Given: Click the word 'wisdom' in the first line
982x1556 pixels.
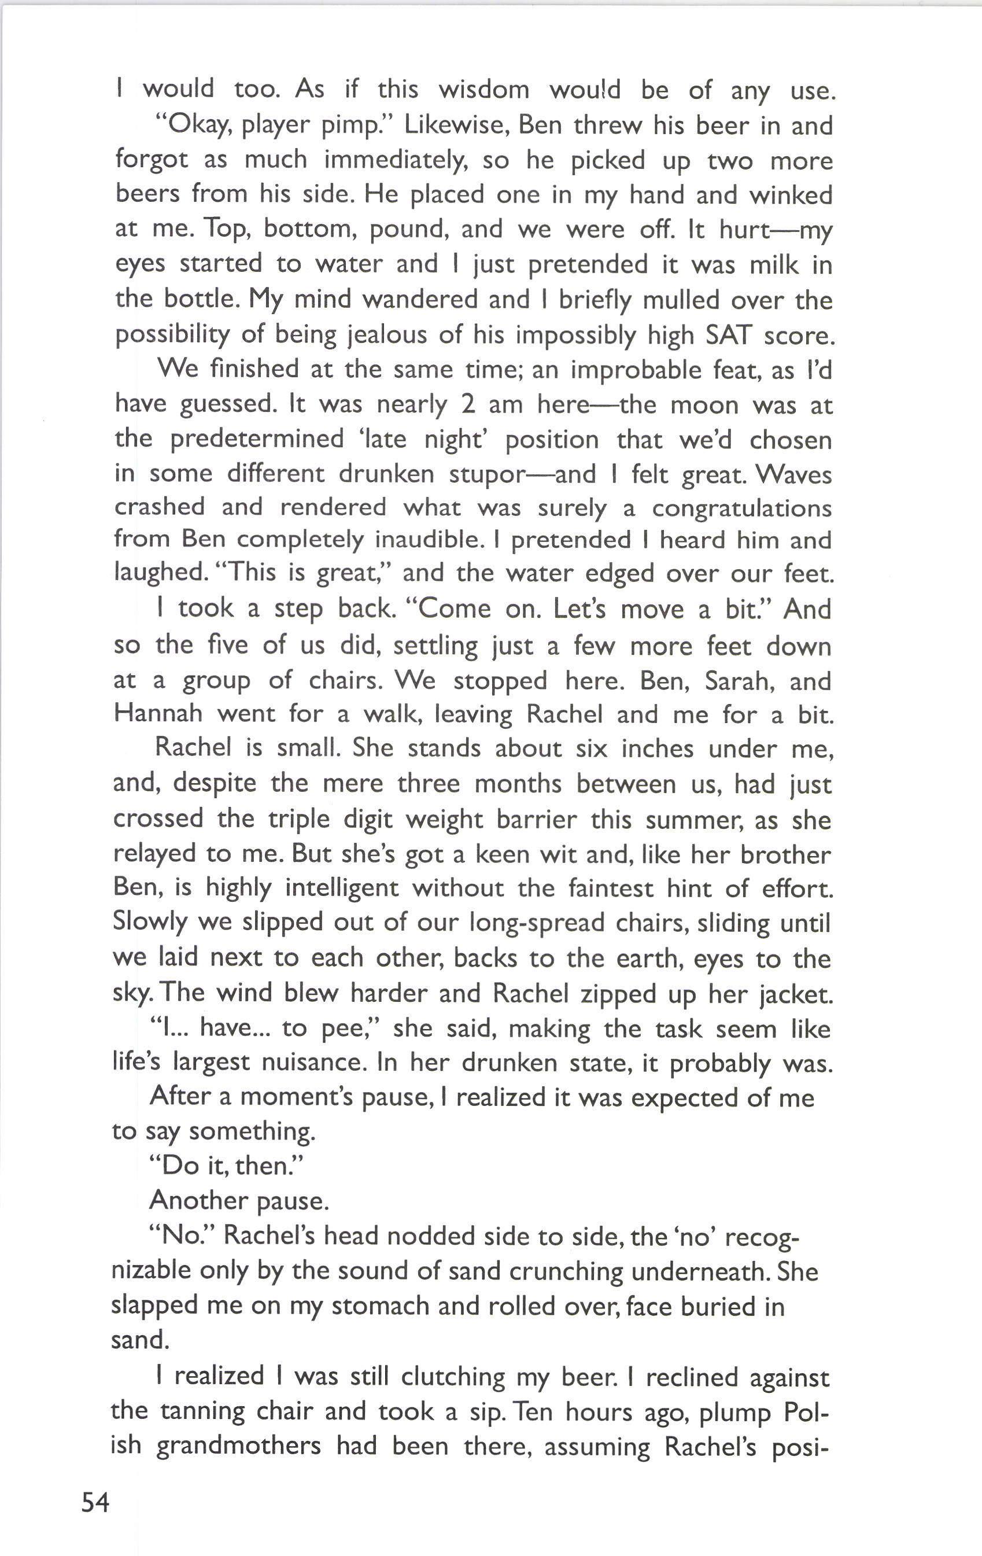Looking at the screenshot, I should click(x=484, y=89).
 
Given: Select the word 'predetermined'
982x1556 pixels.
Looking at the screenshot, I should click(x=257, y=440).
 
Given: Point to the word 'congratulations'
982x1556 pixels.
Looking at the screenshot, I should click(x=741, y=508).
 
